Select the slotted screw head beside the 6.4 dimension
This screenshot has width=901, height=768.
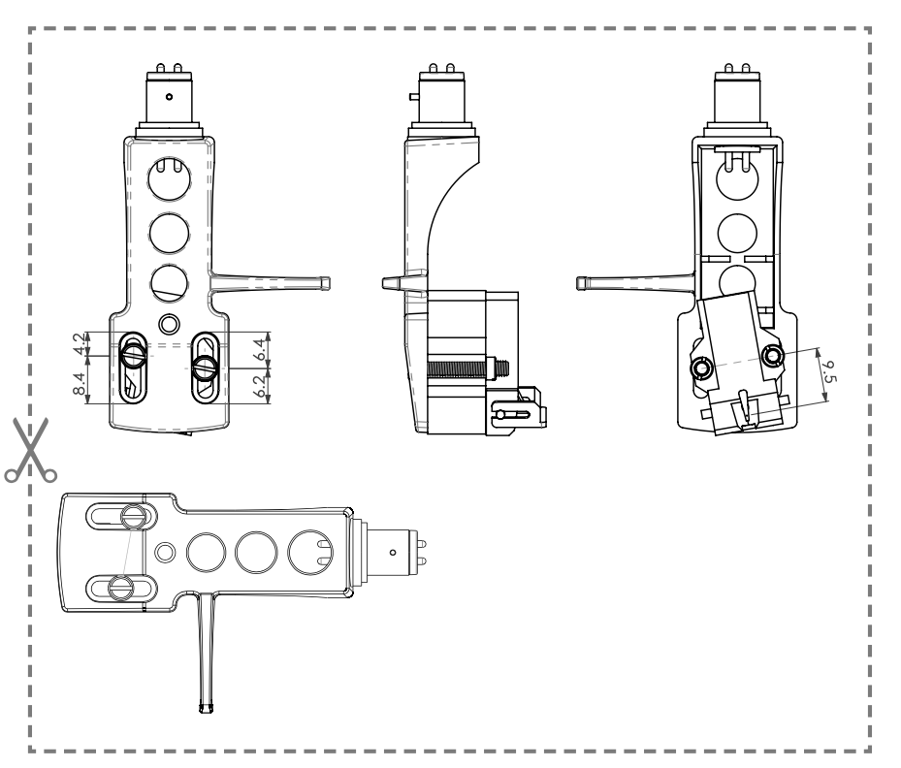coord(205,367)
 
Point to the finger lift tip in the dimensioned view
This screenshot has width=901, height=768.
coord(325,281)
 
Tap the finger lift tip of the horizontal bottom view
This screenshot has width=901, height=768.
coord(204,709)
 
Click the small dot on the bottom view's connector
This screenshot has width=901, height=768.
coord(392,551)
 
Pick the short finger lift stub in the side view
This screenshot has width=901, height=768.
coord(391,283)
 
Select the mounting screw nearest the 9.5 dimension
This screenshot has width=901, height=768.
coord(772,357)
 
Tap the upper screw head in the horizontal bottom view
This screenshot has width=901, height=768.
coord(134,515)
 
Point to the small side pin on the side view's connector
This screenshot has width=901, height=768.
coord(414,97)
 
